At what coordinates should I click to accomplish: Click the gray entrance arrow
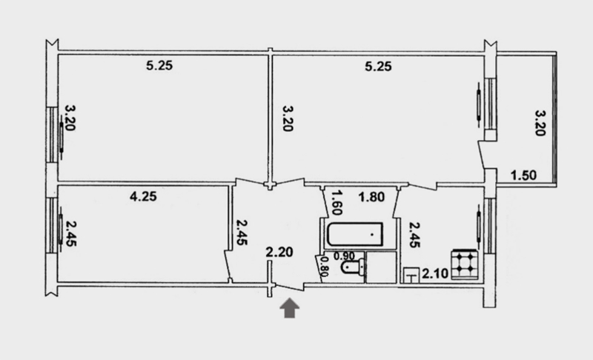289,308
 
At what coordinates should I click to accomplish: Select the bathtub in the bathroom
355,234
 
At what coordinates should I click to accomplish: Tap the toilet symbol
354,267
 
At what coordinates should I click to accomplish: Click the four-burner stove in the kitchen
465,264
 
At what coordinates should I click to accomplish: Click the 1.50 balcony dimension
523,176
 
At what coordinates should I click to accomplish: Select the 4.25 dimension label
143,196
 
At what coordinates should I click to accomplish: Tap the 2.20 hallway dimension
279,252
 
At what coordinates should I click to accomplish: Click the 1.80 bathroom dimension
371,197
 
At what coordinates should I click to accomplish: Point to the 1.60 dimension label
337,202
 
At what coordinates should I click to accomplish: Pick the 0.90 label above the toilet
344,256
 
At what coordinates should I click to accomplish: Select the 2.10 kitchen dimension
435,273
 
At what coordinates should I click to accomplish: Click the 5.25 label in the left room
159,66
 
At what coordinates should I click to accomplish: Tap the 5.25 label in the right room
378,67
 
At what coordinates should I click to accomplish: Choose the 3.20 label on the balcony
540,123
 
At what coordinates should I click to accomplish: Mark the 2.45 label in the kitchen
414,235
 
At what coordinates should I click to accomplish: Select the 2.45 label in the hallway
242,233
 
